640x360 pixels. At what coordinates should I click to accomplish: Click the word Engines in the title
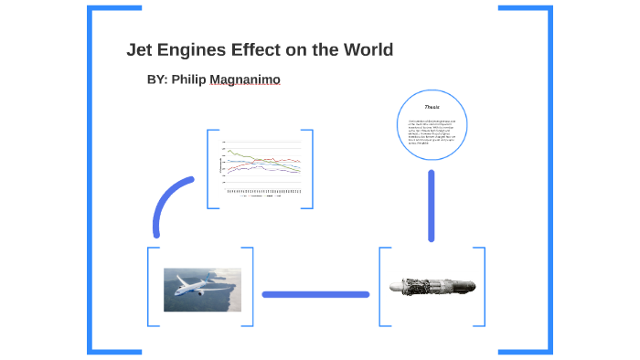(x=191, y=49)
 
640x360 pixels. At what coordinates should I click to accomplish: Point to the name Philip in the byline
(x=188, y=79)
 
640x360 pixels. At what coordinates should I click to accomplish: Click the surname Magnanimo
(x=245, y=79)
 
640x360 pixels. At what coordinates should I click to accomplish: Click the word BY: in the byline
(x=156, y=79)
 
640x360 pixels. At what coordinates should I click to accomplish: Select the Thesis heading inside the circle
(x=432, y=107)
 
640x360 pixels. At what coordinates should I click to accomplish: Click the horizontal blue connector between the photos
(x=315, y=294)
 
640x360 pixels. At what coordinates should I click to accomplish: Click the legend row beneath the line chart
(x=261, y=196)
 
